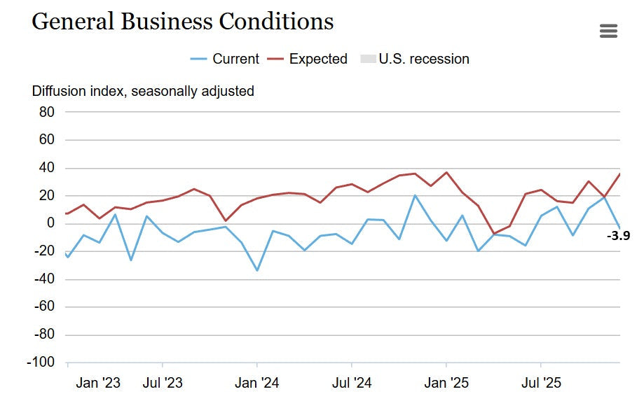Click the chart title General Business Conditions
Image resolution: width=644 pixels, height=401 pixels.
183,22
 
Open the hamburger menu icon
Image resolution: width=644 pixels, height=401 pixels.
608,31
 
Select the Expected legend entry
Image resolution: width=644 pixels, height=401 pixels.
308,59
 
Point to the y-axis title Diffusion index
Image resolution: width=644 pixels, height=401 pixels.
143,91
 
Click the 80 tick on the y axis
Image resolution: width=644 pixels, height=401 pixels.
46,112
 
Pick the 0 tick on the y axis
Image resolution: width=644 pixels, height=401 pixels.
50,223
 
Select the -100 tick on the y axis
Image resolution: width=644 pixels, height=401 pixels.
41,363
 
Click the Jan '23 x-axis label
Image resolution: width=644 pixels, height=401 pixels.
98,383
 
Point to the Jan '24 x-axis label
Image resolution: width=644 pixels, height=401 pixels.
257,383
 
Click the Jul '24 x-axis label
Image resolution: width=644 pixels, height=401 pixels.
351,383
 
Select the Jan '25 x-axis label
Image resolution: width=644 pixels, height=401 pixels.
446,383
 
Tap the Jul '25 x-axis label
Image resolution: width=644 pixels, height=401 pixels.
540,383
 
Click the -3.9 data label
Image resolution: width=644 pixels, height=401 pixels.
618,236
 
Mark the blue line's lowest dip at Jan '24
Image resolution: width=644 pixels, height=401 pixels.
257,270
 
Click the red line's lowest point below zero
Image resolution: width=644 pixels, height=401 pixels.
494,234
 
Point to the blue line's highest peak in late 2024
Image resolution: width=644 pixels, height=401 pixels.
415,195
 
